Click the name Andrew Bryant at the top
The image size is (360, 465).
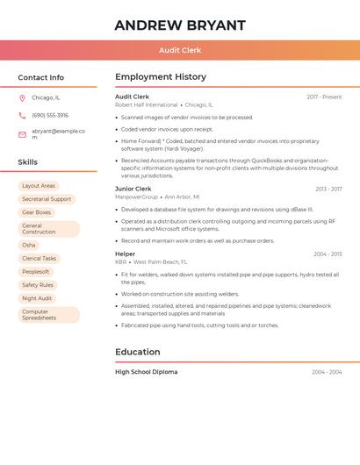point(180,25)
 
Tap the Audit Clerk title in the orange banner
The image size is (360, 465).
point(180,51)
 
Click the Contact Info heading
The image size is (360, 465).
point(40,77)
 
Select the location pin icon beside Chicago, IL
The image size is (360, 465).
point(22,97)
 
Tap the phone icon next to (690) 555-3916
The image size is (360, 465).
point(22,115)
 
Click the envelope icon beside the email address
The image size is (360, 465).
point(22,134)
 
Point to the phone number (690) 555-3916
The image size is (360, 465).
point(50,115)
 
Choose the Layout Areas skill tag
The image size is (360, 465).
point(39,186)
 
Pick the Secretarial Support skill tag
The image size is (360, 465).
point(47,199)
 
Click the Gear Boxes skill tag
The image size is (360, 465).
point(36,212)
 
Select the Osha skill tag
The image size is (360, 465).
point(29,245)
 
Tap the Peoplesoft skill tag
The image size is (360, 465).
point(36,272)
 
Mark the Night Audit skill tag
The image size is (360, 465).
point(37,298)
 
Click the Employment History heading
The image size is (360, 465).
point(161,77)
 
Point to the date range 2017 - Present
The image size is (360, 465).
point(324,97)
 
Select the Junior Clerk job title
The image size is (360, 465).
point(133,189)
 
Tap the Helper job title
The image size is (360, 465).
point(126,254)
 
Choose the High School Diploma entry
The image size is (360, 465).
point(146,372)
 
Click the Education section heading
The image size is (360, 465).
point(138,352)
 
